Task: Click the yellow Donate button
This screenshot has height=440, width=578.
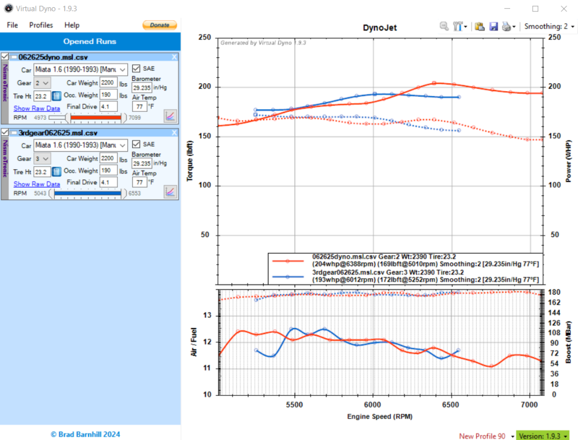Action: (160, 25)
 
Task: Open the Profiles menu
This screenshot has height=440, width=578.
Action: (41, 25)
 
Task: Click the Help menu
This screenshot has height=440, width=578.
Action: (72, 25)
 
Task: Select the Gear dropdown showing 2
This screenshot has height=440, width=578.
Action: (42, 83)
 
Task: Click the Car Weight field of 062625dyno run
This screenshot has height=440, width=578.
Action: (109, 83)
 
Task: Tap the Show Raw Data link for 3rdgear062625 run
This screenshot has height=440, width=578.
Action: (37, 184)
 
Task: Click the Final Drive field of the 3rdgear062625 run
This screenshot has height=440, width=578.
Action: (109, 182)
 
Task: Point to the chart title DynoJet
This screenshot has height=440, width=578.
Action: (380, 27)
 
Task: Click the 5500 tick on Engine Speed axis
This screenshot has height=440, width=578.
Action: (295, 402)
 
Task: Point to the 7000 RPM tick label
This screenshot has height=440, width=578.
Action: (530, 402)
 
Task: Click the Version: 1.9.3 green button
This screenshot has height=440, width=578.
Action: (542, 436)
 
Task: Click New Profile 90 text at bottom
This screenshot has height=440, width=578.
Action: (482, 436)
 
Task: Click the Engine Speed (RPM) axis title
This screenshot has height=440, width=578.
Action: (379, 416)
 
